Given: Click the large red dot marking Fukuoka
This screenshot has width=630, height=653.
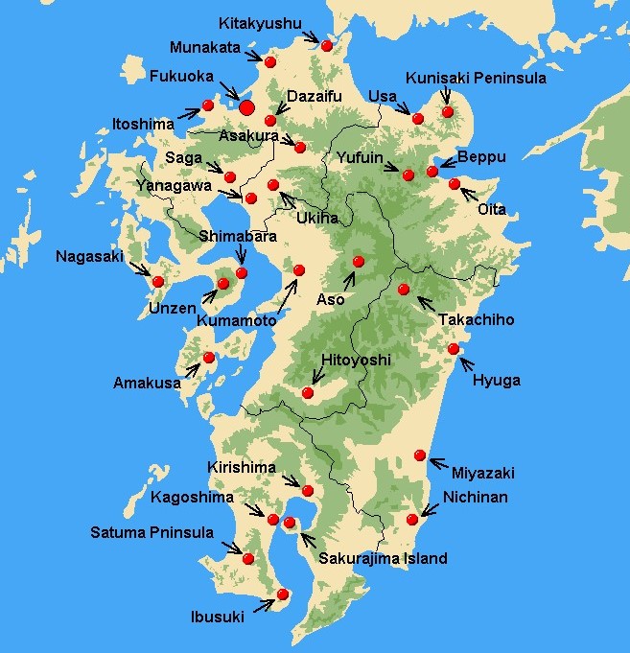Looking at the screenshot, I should point(246,107).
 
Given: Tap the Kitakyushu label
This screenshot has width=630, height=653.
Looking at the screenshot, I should point(259,22).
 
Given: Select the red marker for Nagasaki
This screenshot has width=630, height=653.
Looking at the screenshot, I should point(158,282).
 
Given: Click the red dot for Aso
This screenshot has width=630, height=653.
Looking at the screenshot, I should point(359,261).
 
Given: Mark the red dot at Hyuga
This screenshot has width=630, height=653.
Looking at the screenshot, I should point(454,349).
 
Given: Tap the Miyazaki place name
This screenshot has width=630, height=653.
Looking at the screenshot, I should point(484,473).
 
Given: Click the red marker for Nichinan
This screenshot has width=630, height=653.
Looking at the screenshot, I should point(412,520).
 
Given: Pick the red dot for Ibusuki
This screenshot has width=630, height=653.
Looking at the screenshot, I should point(282,595).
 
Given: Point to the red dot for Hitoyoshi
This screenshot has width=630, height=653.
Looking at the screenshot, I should point(308,392).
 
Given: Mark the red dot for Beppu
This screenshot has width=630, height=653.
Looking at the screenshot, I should point(432,171).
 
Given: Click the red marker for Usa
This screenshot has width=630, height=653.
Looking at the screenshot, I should point(417,119).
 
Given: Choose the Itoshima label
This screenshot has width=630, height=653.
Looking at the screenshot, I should point(143,124).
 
